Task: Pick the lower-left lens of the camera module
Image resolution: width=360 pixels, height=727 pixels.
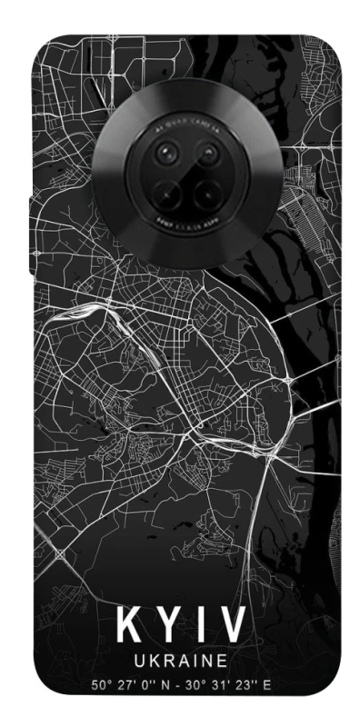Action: click(168, 192)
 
